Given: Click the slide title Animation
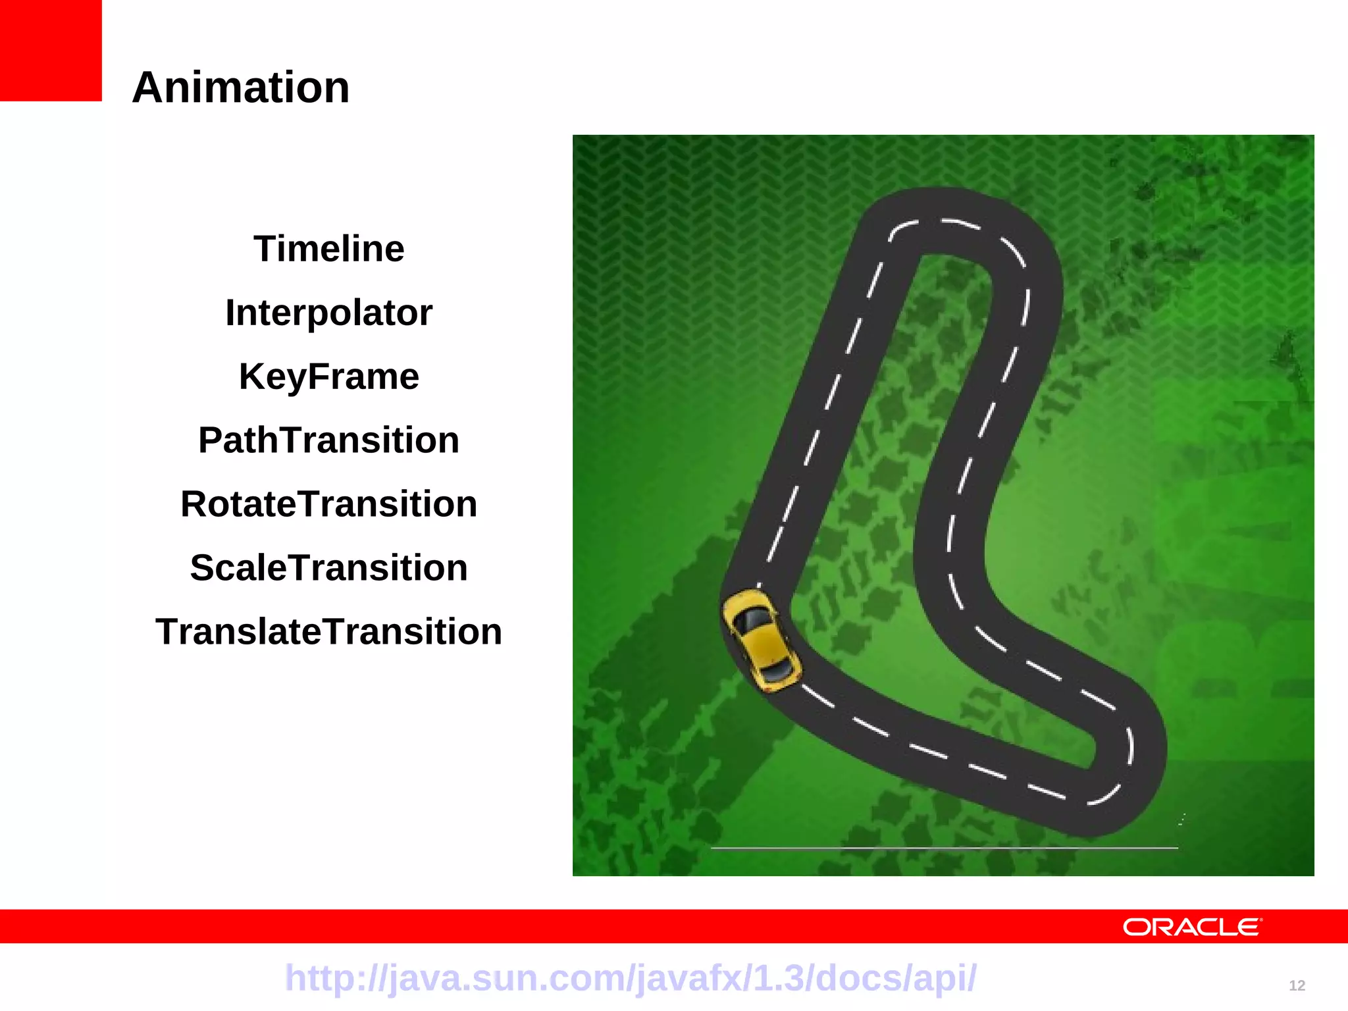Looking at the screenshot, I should tap(241, 88).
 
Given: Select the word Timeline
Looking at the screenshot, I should tap(328, 249).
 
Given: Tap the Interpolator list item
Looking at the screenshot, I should tap(328, 313).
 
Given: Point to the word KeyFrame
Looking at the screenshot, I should tap(328, 376).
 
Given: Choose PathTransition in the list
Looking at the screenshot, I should tap(328, 440).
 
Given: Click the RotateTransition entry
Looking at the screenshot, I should tap(328, 504).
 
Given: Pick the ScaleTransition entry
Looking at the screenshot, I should tap(328, 568).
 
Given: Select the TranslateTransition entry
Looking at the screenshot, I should tap(328, 632).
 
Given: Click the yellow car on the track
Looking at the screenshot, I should tap(762, 640).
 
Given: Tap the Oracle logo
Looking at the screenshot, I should tap(1191, 927).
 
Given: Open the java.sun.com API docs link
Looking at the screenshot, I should tap(631, 978).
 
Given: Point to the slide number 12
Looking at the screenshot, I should tap(1297, 986).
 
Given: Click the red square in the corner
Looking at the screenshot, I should tap(51, 50).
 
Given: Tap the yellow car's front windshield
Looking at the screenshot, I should tap(752, 620).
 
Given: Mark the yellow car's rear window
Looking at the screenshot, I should tap(777, 670).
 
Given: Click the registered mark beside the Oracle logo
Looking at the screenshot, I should tap(1261, 920).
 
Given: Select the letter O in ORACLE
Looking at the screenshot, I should tap(1136, 927).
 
